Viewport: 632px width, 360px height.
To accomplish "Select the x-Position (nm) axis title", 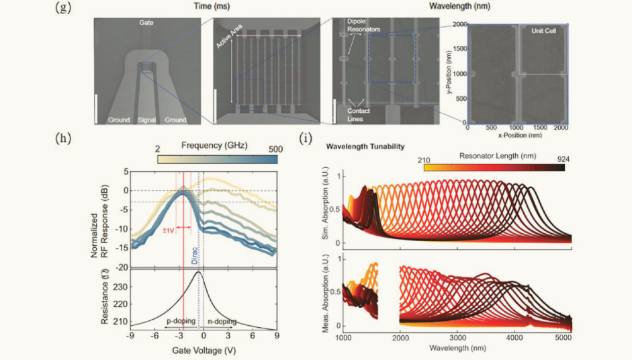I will tap(518, 135).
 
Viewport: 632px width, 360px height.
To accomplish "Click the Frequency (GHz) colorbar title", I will tap(214, 145).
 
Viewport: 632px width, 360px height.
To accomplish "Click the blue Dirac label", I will tap(195, 253).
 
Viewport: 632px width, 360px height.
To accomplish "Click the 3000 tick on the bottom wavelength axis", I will tap(457, 340).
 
